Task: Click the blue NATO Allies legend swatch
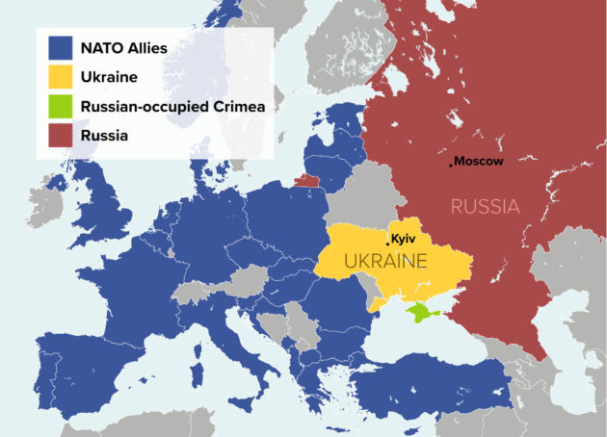point(60,47)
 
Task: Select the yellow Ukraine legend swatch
point(60,77)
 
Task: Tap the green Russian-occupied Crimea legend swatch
point(60,107)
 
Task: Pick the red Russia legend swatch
point(60,136)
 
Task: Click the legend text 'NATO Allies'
point(126,47)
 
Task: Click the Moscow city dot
point(450,164)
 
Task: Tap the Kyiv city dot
point(387,244)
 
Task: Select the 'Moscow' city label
point(479,161)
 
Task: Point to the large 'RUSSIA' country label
point(485,206)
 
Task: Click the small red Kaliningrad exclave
point(306,179)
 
